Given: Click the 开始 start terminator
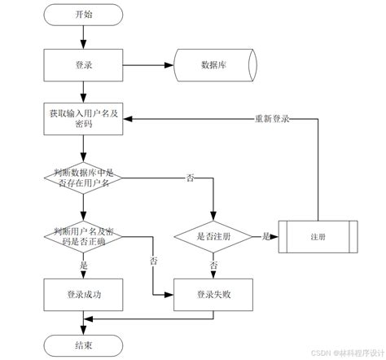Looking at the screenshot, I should pos(83,14).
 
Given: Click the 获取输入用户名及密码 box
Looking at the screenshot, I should pos(82,117).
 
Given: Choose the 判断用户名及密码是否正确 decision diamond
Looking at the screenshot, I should pos(82,236).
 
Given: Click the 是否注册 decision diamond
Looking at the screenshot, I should pos(213,236).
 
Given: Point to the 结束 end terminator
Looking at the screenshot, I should pos(83,345).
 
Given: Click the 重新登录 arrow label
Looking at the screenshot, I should pos(272,117).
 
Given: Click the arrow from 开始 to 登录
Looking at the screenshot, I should pos(83,36).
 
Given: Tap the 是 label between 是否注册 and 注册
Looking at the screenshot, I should pos(265,236).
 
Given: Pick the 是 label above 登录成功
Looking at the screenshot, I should pos(83,266).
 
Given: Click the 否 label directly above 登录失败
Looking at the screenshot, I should pos(213,266).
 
